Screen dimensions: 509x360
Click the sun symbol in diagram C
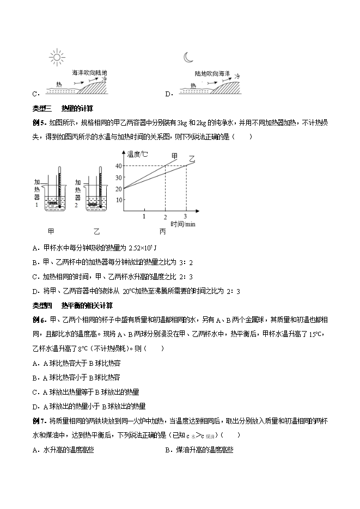click(x=56, y=57)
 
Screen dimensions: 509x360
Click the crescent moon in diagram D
click(x=188, y=57)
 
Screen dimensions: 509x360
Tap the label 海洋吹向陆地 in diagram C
click(x=89, y=72)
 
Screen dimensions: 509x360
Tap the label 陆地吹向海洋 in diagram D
click(x=213, y=72)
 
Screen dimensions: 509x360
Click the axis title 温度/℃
click(x=137, y=155)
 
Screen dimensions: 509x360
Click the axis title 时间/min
click(x=182, y=224)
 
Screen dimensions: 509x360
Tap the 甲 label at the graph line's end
click(x=174, y=156)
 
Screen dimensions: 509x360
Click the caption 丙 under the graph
click(x=162, y=231)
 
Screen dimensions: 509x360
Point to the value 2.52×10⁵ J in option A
click(x=144, y=248)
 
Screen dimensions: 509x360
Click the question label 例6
click(x=41, y=318)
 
